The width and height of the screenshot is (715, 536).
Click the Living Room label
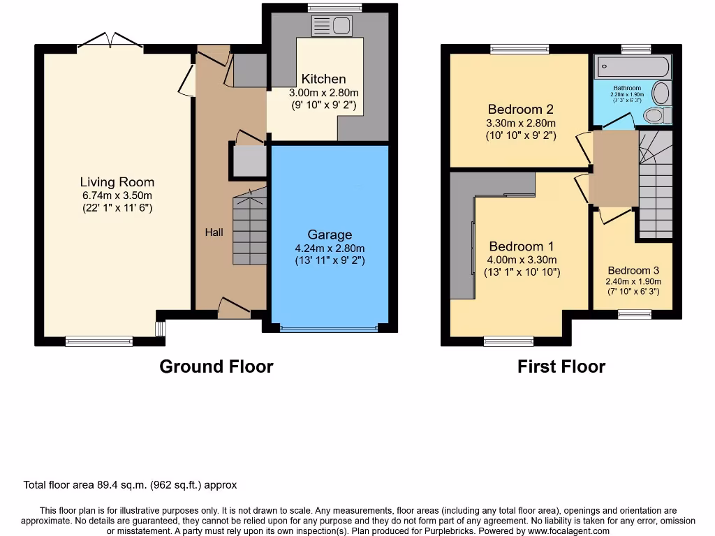point(117,182)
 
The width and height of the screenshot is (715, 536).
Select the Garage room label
point(330,234)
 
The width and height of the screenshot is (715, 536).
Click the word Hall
point(214,232)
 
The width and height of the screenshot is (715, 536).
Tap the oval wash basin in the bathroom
point(661,93)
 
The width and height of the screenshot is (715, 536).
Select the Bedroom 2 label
point(520,109)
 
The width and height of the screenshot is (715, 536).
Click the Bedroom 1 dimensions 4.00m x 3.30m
point(522,260)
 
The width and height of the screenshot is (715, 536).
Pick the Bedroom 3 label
point(633,270)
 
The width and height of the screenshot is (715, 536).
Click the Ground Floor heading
point(216,366)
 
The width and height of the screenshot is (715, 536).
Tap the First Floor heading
point(561,366)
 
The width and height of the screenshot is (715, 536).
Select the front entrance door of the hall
point(233,307)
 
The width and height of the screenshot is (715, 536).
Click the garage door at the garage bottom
point(330,327)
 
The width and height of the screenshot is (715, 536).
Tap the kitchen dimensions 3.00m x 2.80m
point(323,93)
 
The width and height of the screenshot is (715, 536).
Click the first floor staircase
point(655,185)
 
